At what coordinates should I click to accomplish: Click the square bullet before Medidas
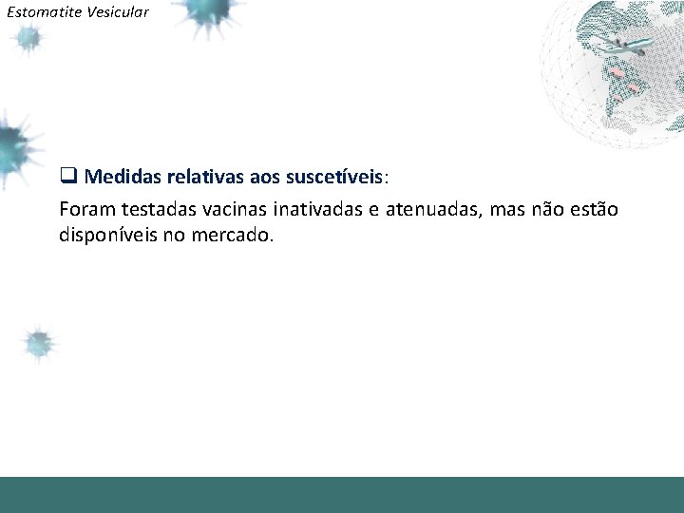pos(67,178)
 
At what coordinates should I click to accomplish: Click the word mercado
pos(237,235)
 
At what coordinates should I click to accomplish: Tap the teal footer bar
pos(342,494)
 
